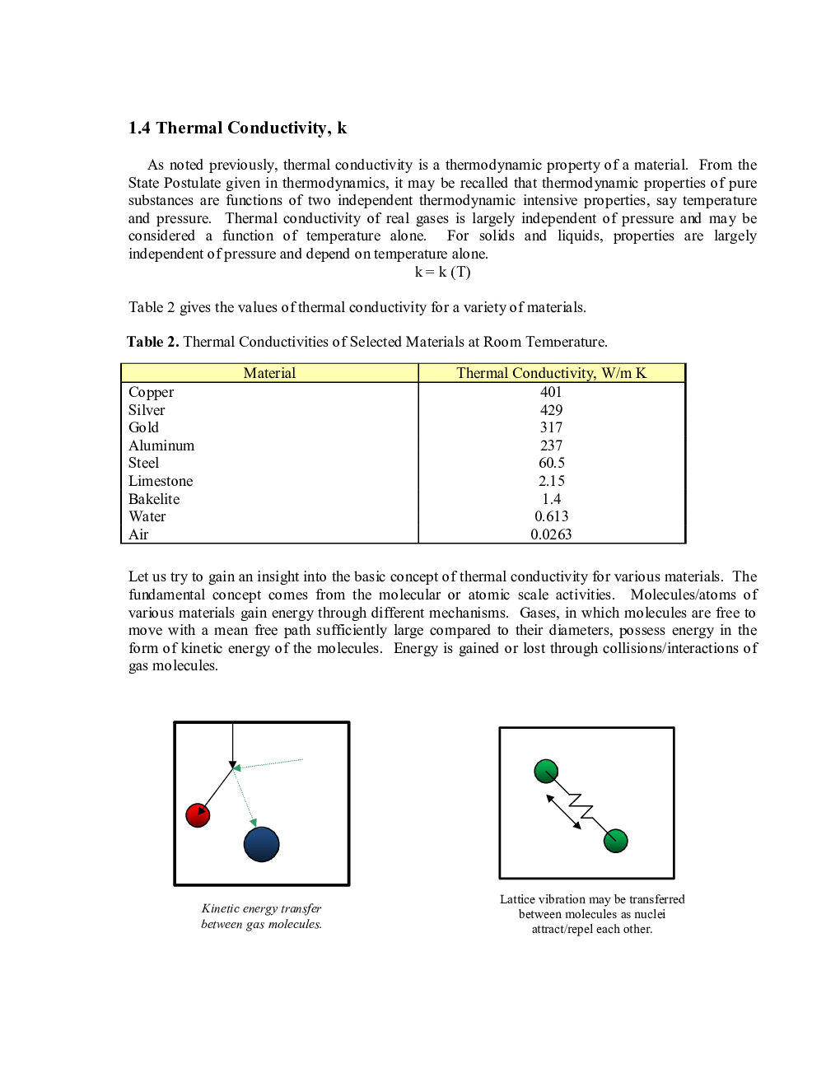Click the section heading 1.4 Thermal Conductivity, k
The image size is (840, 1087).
(237, 128)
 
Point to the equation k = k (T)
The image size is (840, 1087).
(442, 272)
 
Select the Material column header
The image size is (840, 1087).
(269, 373)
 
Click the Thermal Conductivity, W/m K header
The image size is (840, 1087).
(551, 373)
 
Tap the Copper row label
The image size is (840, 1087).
(151, 392)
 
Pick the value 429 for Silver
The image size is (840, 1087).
(551, 410)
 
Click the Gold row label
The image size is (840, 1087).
(143, 427)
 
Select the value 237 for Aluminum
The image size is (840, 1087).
(551, 446)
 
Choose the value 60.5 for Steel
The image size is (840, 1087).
(551, 463)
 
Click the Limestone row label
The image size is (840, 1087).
(161, 481)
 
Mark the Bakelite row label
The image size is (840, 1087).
(154, 499)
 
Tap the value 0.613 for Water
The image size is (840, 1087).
(551, 516)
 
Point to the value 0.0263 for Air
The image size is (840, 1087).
(551, 534)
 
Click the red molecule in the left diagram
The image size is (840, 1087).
(198, 815)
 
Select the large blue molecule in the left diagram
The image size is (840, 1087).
(262, 844)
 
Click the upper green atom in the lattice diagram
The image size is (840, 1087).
(546, 772)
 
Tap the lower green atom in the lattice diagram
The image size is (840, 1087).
(616, 841)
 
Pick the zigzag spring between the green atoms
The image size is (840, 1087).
(581, 806)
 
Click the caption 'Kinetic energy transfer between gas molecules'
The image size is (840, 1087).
(261, 916)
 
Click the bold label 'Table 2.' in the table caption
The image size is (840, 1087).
(153, 342)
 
